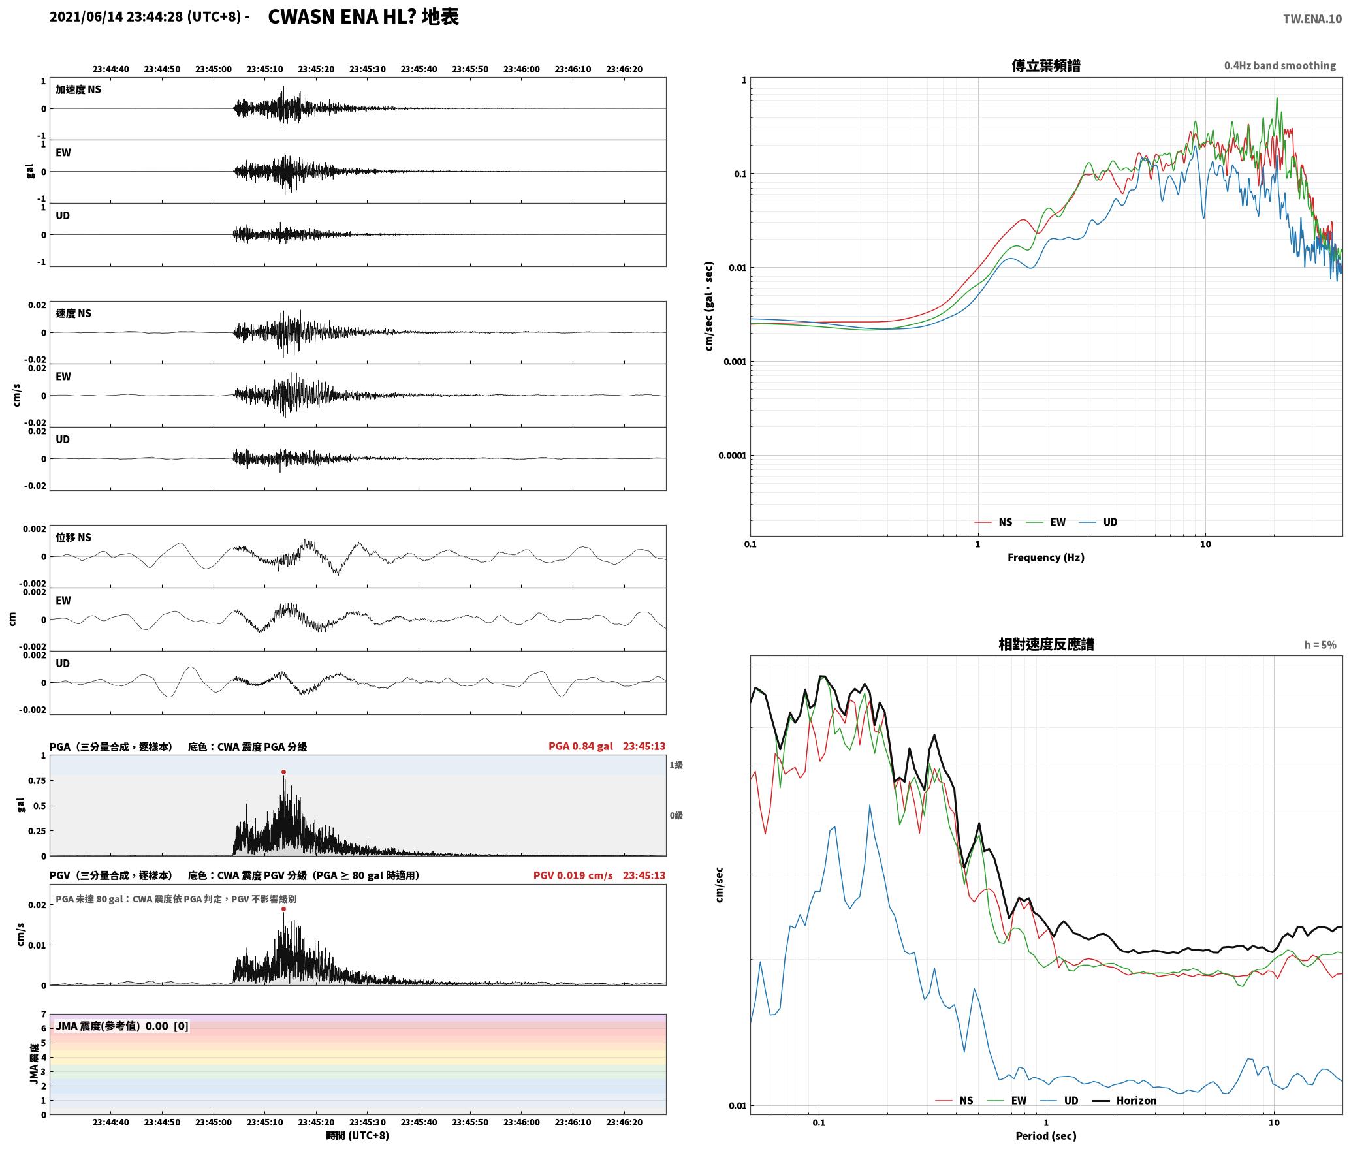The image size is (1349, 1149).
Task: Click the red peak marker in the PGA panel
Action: point(283,772)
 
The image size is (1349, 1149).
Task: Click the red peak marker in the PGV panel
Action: point(283,909)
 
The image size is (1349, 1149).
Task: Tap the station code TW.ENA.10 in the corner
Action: point(1312,19)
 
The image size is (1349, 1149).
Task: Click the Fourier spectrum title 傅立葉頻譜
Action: point(1046,66)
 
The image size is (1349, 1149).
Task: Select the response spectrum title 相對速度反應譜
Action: point(1046,644)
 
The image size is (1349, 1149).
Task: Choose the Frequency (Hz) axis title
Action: point(1045,557)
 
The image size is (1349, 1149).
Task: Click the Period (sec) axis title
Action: point(1045,1135)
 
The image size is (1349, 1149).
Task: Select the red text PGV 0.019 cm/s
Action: point(573,875)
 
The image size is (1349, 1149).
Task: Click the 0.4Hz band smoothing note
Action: point(1280,66)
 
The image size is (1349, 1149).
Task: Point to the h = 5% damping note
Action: point(1320,645)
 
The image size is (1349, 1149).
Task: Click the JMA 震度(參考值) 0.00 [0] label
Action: point(122,1026)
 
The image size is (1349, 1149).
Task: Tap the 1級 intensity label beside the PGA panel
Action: point(676,765)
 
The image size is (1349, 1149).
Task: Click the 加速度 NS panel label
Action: point(78,89)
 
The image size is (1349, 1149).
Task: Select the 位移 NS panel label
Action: point(73,537)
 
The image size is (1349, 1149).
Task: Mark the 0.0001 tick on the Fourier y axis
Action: point(732,456)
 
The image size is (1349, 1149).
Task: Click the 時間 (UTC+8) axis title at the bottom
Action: point(358,1135)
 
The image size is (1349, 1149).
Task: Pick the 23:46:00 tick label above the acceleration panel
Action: point(522,69)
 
